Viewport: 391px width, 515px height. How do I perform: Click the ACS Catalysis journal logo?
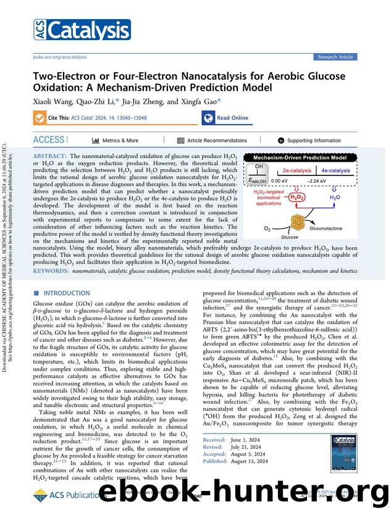pyautogui.click(x=82, y=30)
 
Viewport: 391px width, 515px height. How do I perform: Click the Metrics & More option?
pyautogui.click(x=116, y=141)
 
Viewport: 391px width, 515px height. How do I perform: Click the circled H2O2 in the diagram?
pyautogui.click(x=298, y=198)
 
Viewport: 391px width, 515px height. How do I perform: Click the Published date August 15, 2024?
pyautogui.click(x=253, y=461)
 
